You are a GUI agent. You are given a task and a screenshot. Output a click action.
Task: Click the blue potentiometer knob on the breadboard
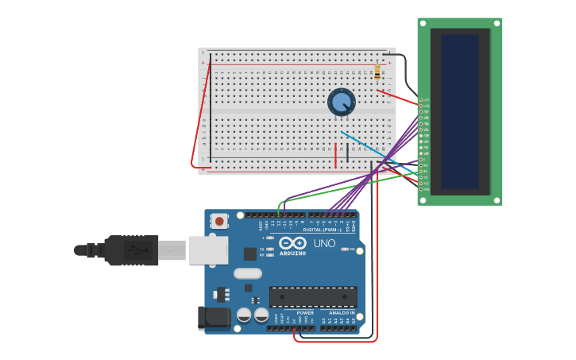[342, 102]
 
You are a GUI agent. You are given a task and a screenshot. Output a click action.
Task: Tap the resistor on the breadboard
[377, 72]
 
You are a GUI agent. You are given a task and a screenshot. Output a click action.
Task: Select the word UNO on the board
[324, 243]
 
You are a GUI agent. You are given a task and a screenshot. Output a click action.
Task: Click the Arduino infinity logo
[292, 243]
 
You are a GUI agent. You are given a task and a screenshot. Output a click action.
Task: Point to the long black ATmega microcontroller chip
[313, 296]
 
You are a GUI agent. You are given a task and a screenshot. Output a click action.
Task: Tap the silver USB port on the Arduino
[208, 250]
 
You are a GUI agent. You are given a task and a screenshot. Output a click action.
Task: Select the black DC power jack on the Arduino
[215, 318]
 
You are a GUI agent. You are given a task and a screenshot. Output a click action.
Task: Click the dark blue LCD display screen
[460, 110]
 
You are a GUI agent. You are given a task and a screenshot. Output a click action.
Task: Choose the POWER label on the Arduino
[305, 312]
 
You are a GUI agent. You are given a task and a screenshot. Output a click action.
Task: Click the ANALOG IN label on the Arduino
[342, 312]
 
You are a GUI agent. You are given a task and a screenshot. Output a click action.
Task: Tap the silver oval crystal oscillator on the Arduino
[248, 273]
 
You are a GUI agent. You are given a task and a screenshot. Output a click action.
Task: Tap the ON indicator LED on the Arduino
[344, 249]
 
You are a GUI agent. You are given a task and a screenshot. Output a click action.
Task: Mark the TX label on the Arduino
[262, 249]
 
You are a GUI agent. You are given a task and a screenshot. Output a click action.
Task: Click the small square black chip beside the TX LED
[250, 254]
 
